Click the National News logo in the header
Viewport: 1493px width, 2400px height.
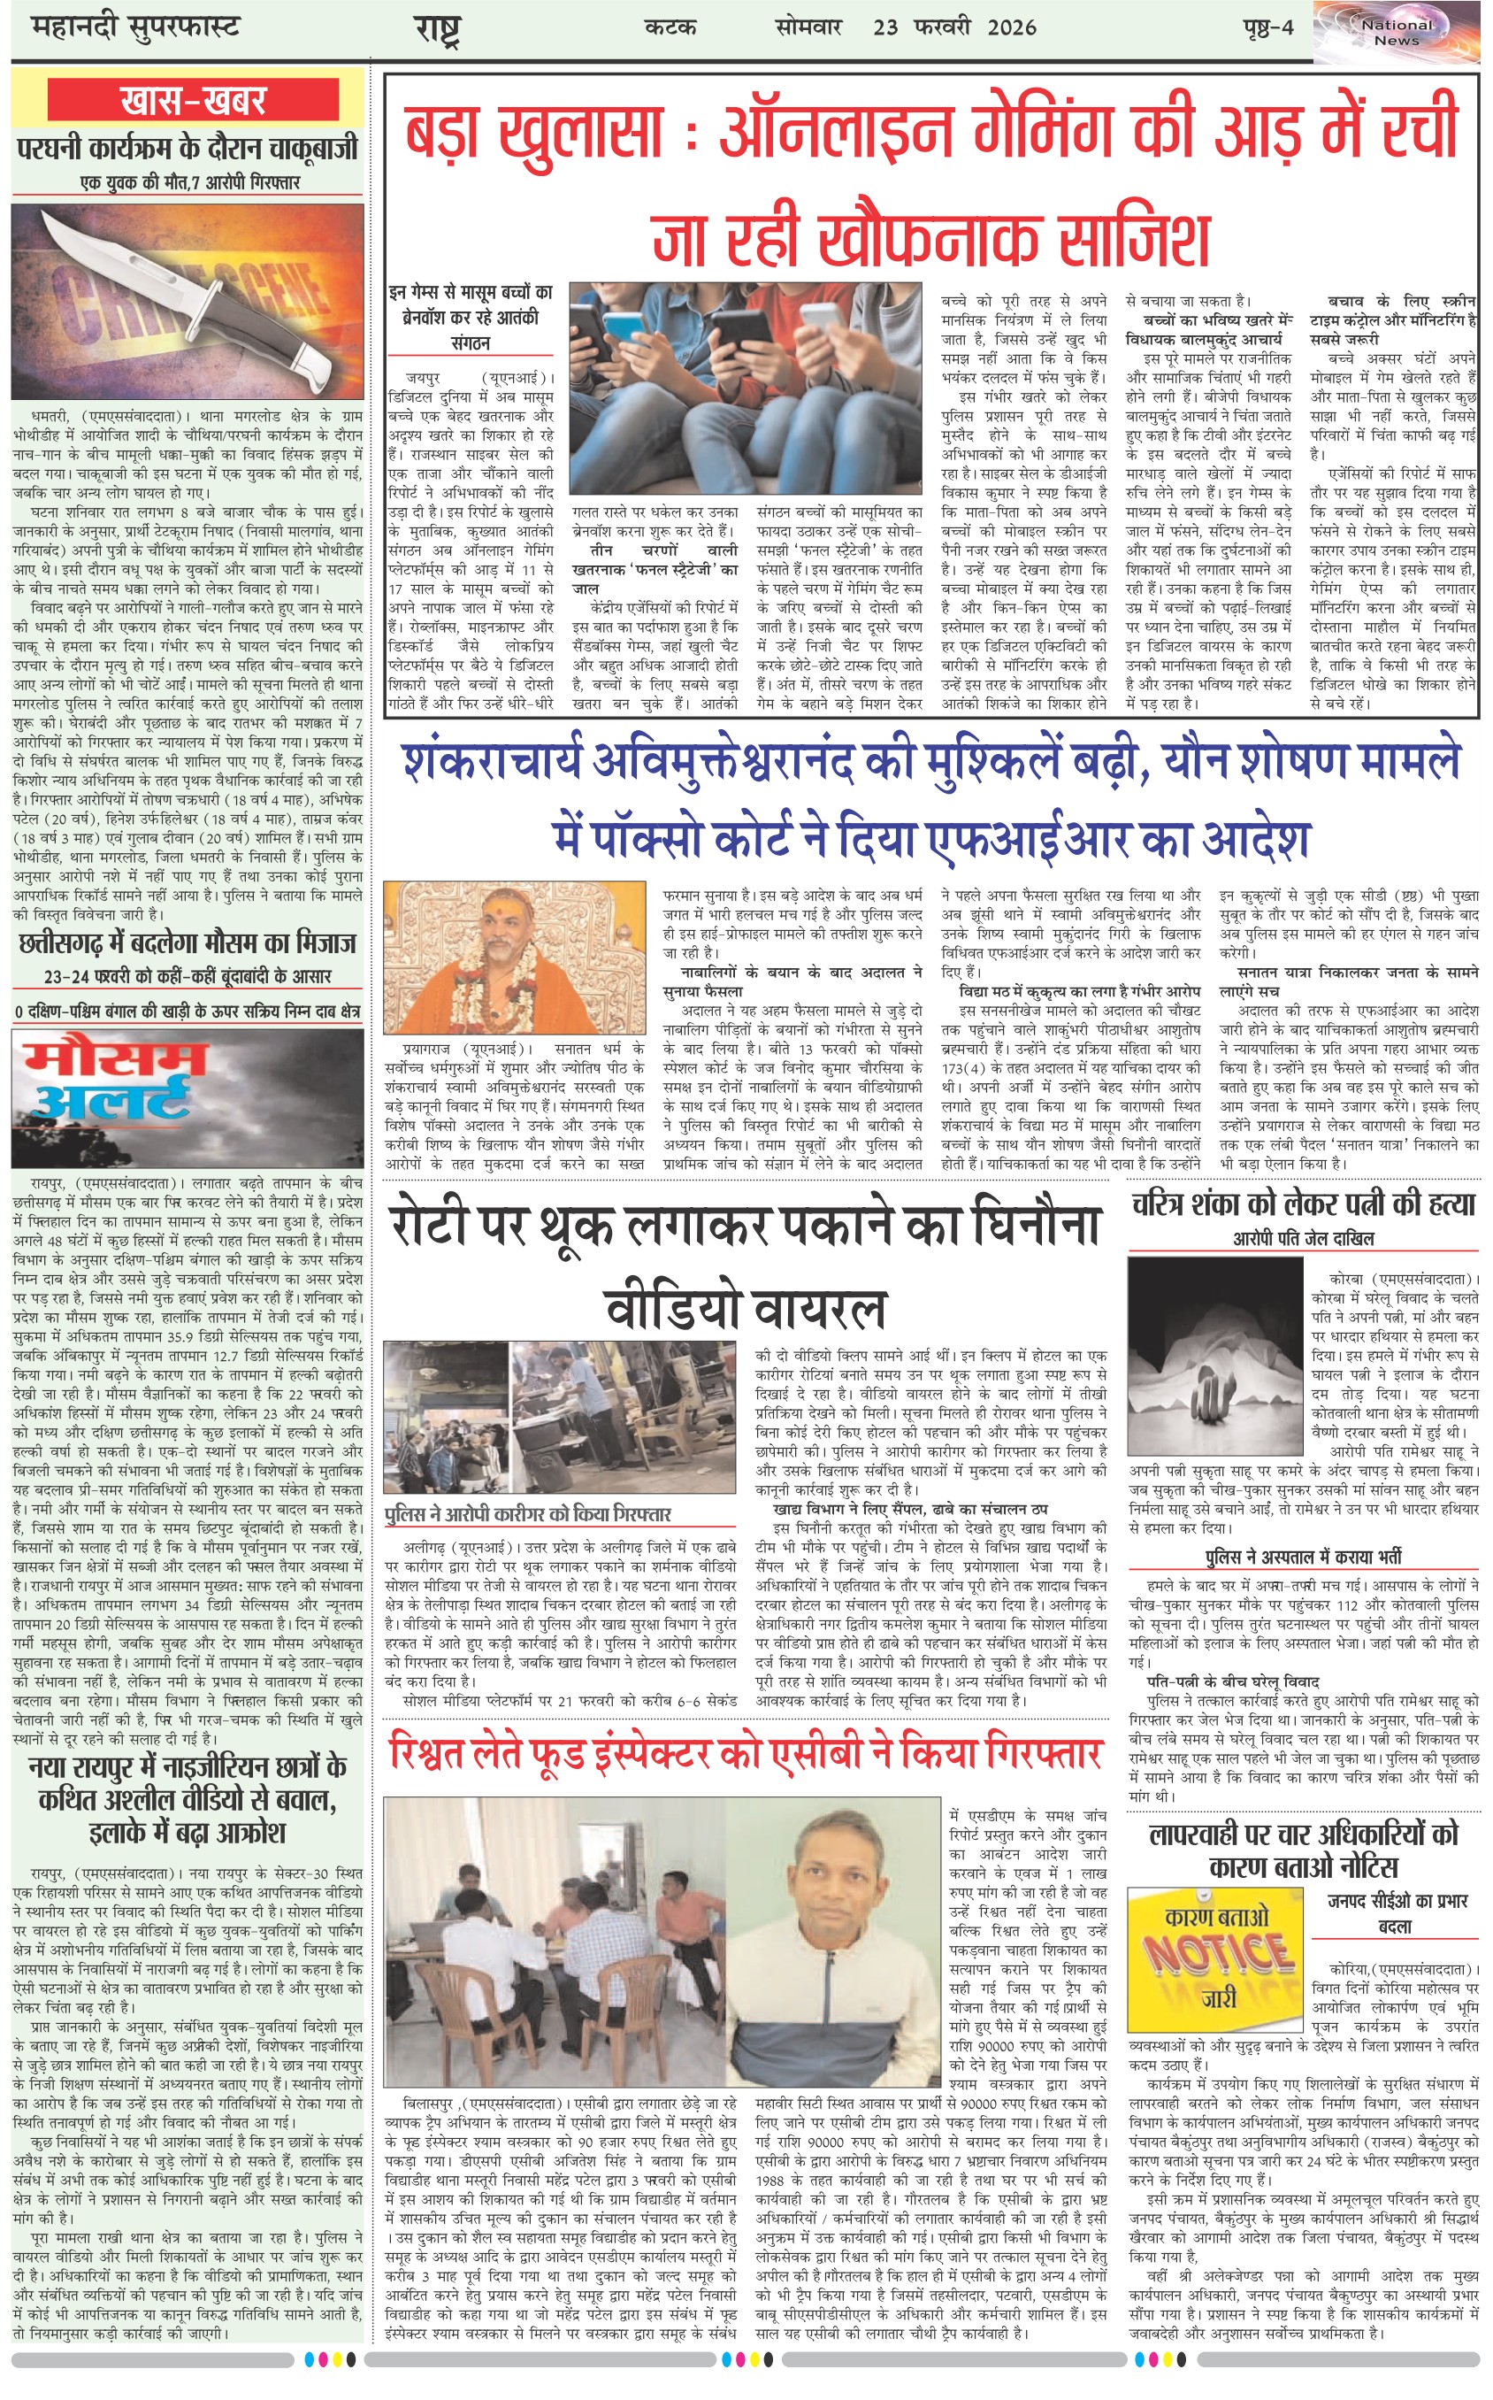pyautogui.click(x=1397, y=33)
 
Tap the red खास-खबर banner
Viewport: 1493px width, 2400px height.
pyautogui.click(x=193, y=100)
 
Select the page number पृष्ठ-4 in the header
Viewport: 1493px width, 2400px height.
pyautogui.click(x=1267, y=27)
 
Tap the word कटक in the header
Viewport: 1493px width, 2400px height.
pyautogui.click(x=670, y=27)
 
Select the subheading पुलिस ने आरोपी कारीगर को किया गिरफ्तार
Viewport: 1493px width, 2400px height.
pyautogui.click(x=527, y=1515)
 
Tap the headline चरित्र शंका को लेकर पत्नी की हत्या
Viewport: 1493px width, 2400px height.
pyautogui.click(x=1303, y=1205)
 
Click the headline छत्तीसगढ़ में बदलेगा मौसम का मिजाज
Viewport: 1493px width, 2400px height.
pyautogui.click(x=188, y=944)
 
